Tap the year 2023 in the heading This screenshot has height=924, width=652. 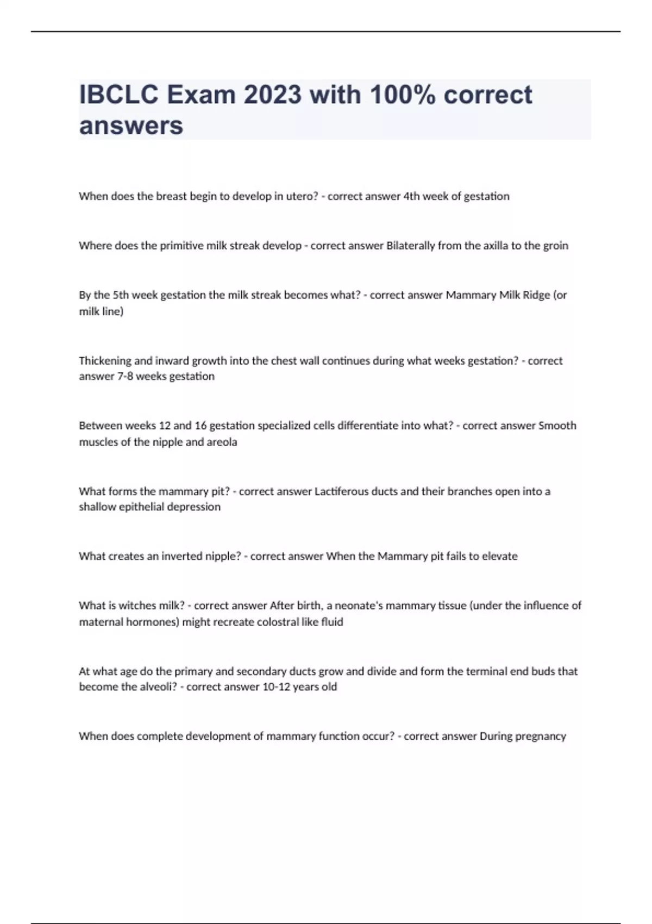tap(272, 95)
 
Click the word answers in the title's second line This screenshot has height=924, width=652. tap(131, 126)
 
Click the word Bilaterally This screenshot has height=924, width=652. tap(410, 246)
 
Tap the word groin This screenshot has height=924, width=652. tap(555, 246)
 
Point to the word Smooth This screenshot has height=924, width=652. tap(557, 426)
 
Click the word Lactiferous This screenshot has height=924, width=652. tap(342, 491)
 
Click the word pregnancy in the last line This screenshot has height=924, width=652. tap(540, 736)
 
